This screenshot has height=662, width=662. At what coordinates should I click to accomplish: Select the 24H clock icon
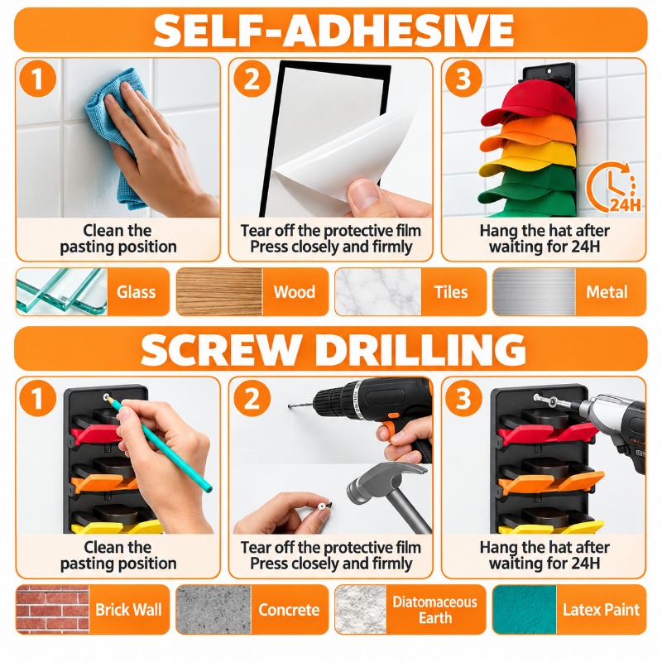pos(613,188)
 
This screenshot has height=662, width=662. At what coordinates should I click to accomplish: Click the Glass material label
pos(136,292)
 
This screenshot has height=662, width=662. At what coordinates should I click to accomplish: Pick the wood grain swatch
pos(219,292)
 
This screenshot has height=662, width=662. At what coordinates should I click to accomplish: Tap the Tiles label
pos(451,292)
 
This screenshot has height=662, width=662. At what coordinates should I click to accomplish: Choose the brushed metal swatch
pos(534,292)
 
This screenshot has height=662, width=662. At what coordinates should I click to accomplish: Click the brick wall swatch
pos(52,609)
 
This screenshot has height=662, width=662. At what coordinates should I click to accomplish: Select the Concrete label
pos(289,610)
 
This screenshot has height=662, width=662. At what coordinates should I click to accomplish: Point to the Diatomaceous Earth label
pos(435,610)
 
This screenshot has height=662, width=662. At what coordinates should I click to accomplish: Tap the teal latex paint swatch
pos(525,609)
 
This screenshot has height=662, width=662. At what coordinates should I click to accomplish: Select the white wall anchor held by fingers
pos(323,506)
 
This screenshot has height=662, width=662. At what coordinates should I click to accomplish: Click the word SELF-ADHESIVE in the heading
pos(333,31)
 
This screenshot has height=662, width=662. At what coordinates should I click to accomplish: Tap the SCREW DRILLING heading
pos(333,349)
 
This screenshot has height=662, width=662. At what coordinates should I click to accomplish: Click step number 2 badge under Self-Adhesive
pos(252,79)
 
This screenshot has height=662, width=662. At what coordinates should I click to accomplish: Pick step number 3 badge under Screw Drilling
pos(463,398)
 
